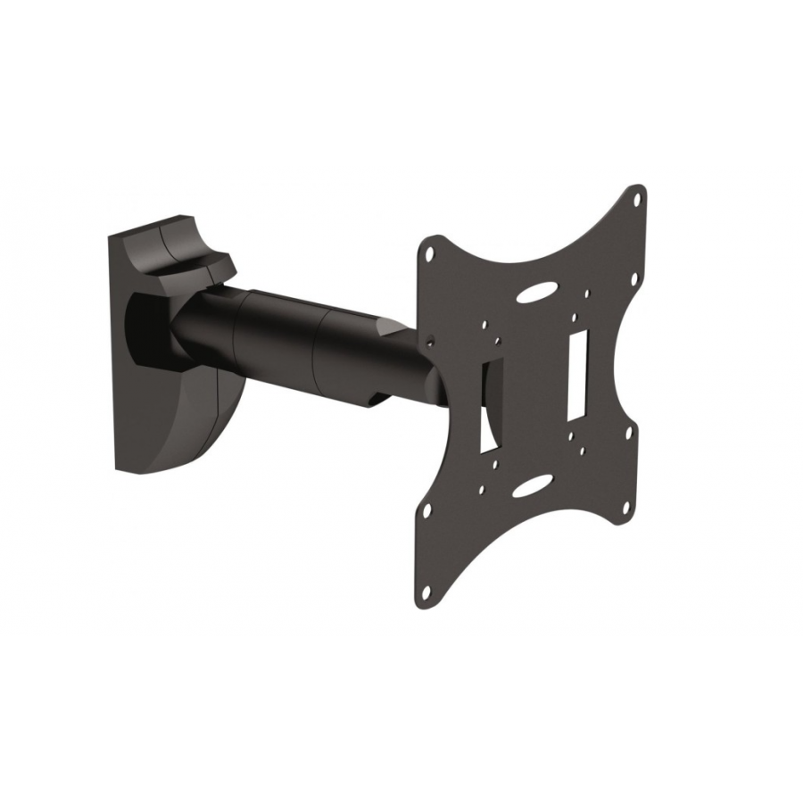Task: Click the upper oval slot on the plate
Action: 542,291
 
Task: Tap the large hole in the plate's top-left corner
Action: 430,253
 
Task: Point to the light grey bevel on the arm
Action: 393,327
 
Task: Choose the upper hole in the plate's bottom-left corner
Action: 426,511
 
